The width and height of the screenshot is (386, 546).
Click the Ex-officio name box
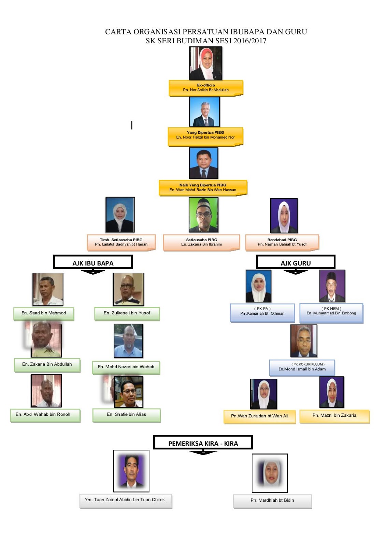coord(206,88)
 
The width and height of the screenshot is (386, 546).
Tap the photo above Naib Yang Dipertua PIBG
coord(203,163)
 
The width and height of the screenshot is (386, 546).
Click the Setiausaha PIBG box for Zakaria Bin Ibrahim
coord(202,242)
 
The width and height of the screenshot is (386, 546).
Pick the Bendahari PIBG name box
coord(282,242)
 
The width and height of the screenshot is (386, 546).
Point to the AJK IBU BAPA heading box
coord(93,262)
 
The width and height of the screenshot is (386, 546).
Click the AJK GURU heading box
coord(296,262)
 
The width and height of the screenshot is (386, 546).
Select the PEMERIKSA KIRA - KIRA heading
coord(203,443)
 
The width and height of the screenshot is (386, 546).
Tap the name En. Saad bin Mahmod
coord(44,313)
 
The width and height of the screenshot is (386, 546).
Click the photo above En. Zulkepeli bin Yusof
coord(129,289)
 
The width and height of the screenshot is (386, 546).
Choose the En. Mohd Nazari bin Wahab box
coord(126,367)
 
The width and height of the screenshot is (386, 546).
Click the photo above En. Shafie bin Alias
coord(129,392)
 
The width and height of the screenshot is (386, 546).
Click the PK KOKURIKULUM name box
coord(302,368)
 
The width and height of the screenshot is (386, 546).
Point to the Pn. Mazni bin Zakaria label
coord(334,416)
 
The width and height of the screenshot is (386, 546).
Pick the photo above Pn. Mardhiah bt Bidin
coord(270,473)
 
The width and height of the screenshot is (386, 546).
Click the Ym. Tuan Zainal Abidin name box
coord(126,500)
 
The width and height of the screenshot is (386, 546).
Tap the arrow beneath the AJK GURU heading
coord(296,272)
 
